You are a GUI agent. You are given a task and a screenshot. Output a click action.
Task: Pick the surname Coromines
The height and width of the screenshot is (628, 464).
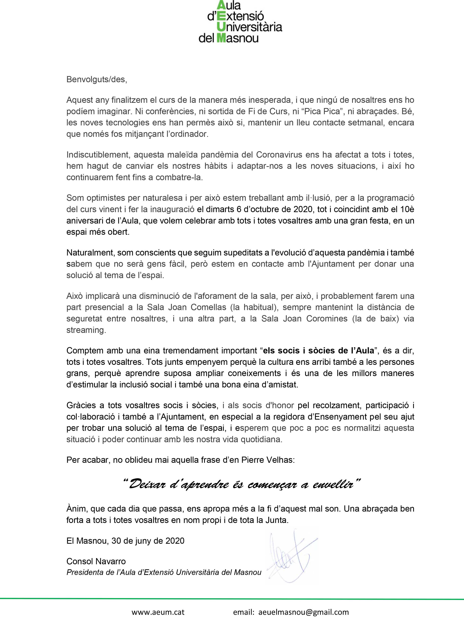coord(327,319)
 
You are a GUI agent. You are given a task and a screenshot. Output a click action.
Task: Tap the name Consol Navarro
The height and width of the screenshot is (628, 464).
coord(96,561)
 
